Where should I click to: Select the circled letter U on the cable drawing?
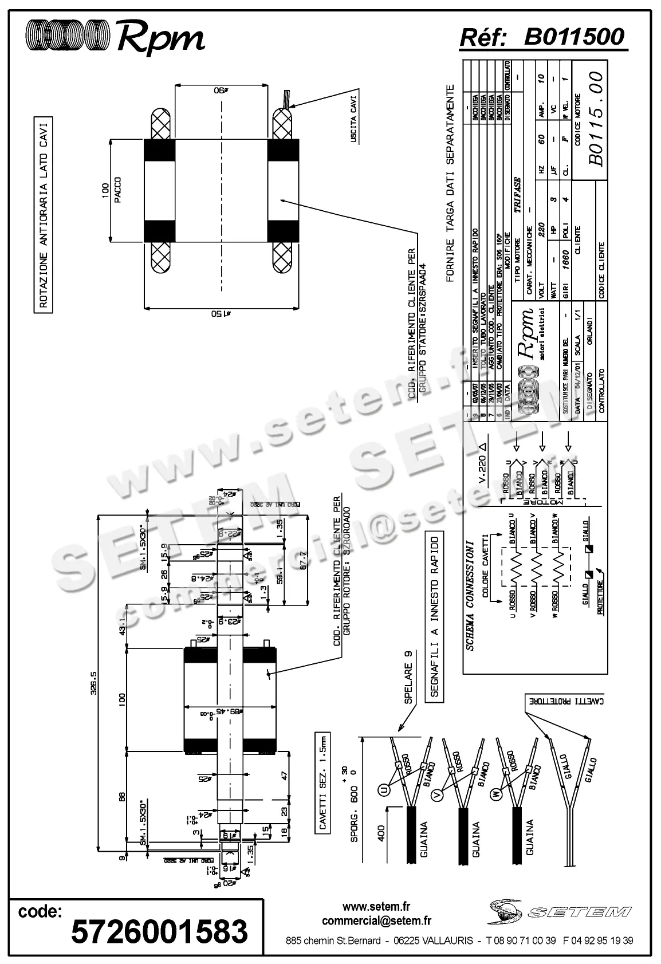point(383,790)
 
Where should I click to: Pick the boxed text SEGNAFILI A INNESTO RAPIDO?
point(434,615)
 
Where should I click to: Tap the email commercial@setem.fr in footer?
point(376,921)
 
